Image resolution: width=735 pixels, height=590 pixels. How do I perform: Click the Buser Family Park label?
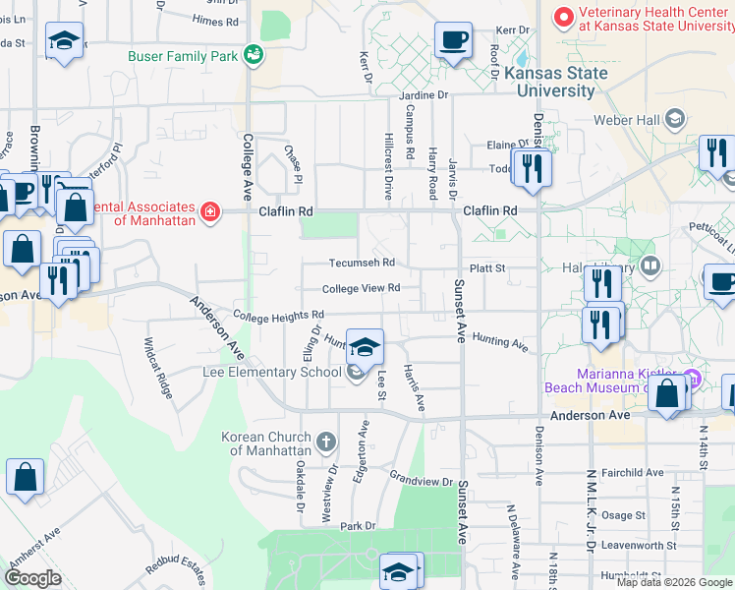pyautogui.click(x=183, y=56)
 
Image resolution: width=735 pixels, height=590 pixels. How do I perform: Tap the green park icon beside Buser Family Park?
pyautogui.click(x=254, y=54)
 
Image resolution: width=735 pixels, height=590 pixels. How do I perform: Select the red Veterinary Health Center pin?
pyautogui.click(x=564, y=17)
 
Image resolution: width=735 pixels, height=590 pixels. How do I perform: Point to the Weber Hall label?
pyautogui.click(x=628, y=120)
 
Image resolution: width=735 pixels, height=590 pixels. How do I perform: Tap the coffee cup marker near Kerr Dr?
pyautogui.click(x=453, y=41)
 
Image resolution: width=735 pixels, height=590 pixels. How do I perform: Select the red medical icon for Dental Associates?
pyautogui.click(x=209, y=211)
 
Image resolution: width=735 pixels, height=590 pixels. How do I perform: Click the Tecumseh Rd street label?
pyautogui.click(x=361, y=263)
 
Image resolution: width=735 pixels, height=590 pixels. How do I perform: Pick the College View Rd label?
pyautogui.click(x=361, y=288)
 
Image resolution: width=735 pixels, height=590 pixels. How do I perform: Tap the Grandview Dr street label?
pyautogui.click(x=419, y=478)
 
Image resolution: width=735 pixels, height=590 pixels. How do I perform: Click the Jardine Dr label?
pyautogui.click(x=424, y=95)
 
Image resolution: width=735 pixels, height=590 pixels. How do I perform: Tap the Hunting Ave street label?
pyautogui.click(x=500, y=341)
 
